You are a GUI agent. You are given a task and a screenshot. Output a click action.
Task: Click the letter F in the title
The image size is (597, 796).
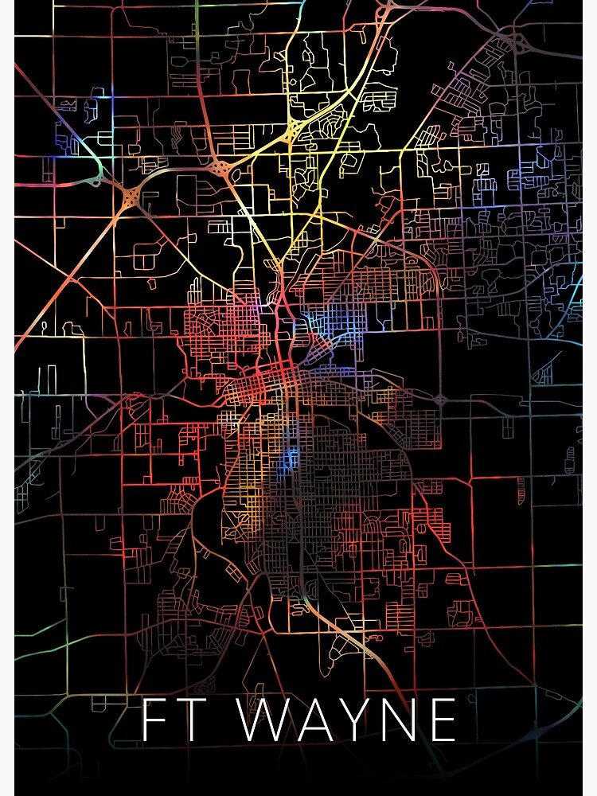(x=155, y=720)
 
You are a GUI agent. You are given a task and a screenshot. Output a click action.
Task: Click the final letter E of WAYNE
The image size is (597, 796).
(x=441, y=720)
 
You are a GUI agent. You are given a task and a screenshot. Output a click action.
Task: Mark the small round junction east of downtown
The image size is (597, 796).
(x=443, y=400)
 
